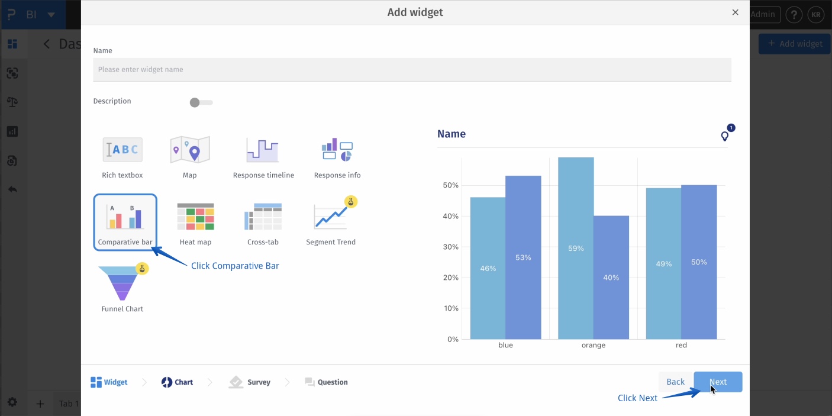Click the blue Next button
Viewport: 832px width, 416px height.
point(718,382)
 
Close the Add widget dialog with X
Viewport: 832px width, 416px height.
point(735,12)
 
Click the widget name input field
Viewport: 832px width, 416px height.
point(412,70)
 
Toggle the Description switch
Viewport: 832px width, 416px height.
point(201,102)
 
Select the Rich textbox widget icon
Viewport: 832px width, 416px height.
point(122,150)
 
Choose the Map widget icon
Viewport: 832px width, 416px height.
point(190,150)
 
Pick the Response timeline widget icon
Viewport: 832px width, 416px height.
point(263,150)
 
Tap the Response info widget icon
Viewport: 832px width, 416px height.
point(337,150)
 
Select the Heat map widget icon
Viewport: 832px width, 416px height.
point(195,217)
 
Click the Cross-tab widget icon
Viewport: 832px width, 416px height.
point(263,217)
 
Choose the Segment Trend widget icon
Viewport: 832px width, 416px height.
point(331,217)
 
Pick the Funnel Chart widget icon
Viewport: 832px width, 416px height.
point(122,283)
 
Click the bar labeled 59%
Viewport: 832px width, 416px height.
point(576,249)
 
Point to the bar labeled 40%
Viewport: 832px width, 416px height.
point(611,277)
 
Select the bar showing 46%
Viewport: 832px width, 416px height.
point(488,268)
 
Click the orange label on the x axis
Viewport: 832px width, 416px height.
point(594,345)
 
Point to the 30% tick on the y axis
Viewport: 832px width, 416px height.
point(452,247)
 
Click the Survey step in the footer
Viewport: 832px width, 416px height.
point(250,382)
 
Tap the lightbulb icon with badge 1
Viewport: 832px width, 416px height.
point(725,136)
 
